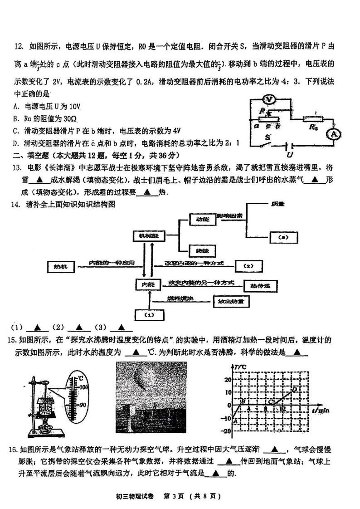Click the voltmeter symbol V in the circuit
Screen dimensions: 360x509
pyautogui.click(x=269, y=99)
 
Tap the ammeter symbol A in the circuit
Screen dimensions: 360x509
pyautogui.click(x=334, y=134)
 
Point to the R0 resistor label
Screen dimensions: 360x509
pyautogui.click(x=313, y=127)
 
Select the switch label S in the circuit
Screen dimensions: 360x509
pyautogui.click(x=268, y=136)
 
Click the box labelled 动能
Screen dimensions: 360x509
pyautogui.click(x=201, y=219)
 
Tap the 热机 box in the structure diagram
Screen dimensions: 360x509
pyautogui.click(x=60, y=267)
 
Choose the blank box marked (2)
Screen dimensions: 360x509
pyautogui.click(x=247, y=266)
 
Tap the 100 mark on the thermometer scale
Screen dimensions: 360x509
pyautogui.click(x=83, y=387)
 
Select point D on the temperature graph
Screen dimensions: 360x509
pyautogui.click(x=294, y=389)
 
